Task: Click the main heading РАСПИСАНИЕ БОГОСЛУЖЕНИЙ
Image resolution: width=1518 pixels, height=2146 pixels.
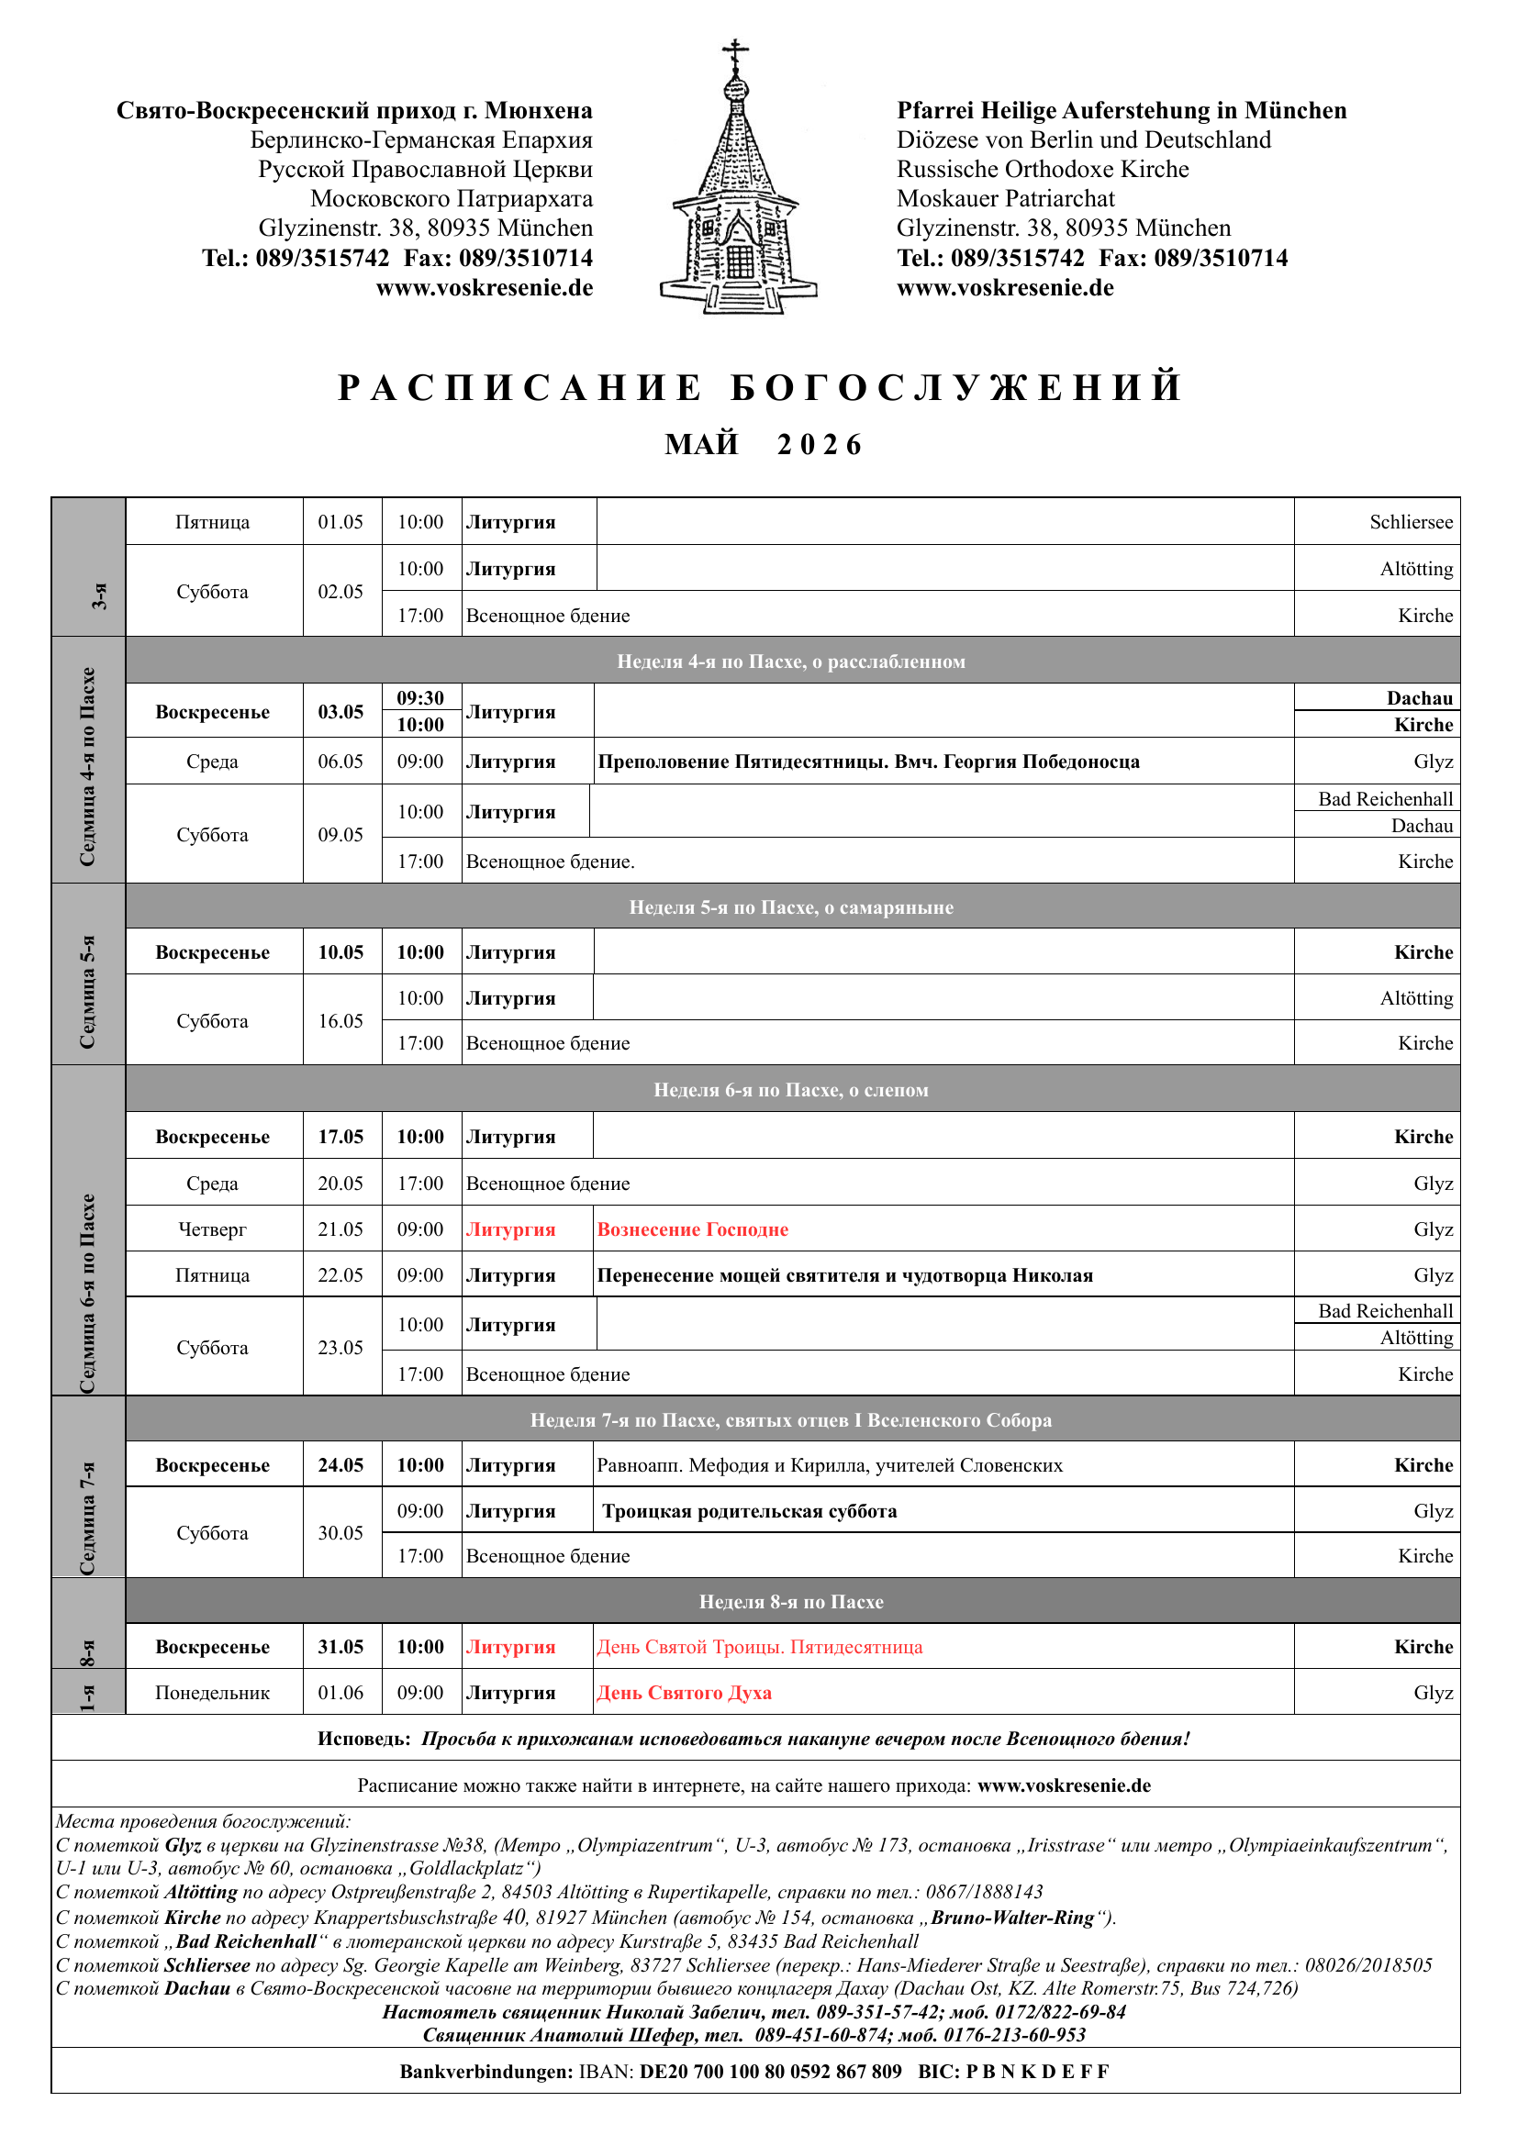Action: [x=759, y=388]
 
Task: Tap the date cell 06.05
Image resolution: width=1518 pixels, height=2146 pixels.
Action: [x=340, y=762]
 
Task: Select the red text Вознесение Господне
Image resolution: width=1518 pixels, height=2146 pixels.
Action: [x=693, y=1230]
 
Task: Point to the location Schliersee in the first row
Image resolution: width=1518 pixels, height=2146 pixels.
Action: [x=1411, y=522]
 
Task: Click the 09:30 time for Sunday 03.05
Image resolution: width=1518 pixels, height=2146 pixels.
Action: [x=420, y=698]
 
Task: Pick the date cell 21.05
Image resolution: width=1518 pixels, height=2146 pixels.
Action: [x=340, y=1230]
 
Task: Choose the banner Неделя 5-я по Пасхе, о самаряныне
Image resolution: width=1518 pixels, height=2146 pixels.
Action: [x=791, y=907]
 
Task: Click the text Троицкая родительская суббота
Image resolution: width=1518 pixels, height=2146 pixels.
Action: [x=750, y=1511]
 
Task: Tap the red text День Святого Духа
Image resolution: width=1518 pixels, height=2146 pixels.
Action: [x=685, y=1693]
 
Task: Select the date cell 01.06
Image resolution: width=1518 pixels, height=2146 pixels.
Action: [x=340, y=1693]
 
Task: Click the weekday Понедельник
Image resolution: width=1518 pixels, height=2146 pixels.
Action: [x=212, y=1693]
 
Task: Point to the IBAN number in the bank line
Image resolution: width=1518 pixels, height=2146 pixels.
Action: [x=770, y=2072]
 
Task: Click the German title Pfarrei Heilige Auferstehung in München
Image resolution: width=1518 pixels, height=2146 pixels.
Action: [x=1121, y=111]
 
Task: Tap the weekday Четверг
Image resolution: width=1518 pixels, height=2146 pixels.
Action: [x=212, y=1230]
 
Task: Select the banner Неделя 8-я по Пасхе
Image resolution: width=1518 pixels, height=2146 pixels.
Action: [x=791, y=1602]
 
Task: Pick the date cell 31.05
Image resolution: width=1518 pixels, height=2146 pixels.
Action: [x=340, y=1647]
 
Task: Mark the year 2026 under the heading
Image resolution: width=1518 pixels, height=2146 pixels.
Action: [x=819, y=445]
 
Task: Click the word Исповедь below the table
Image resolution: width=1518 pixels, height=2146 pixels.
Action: [x=363, y=1740]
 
